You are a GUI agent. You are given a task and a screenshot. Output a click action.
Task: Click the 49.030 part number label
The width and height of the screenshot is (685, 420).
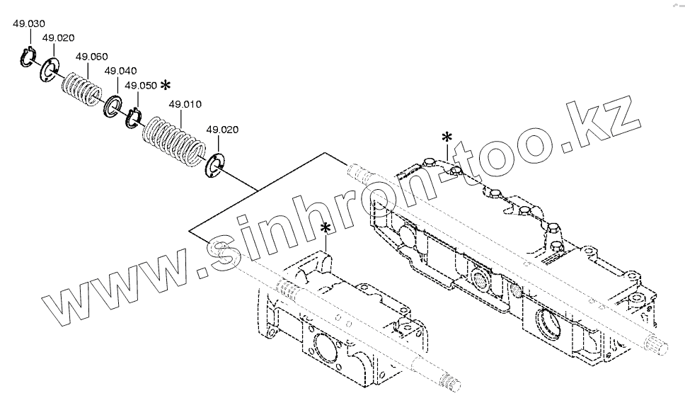(28, 24)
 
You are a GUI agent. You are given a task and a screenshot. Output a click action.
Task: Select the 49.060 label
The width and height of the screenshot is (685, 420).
(91, 57)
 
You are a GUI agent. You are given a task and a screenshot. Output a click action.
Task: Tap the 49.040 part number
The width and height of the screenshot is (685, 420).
(120, 72)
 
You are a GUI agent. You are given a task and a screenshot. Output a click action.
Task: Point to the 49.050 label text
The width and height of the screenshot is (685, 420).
(140, 85)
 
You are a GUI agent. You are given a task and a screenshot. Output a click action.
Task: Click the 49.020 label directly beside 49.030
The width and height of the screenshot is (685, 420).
(58, 38)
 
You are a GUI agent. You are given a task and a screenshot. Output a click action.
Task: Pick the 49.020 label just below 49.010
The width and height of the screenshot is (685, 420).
(221, 130)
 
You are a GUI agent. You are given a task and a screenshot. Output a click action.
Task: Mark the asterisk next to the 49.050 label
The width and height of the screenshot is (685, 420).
(166, 85)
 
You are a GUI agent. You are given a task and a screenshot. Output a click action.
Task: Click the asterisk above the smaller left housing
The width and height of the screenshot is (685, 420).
(326, 228)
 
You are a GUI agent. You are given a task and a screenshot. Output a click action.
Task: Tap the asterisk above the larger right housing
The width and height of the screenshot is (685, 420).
(447, 136)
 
